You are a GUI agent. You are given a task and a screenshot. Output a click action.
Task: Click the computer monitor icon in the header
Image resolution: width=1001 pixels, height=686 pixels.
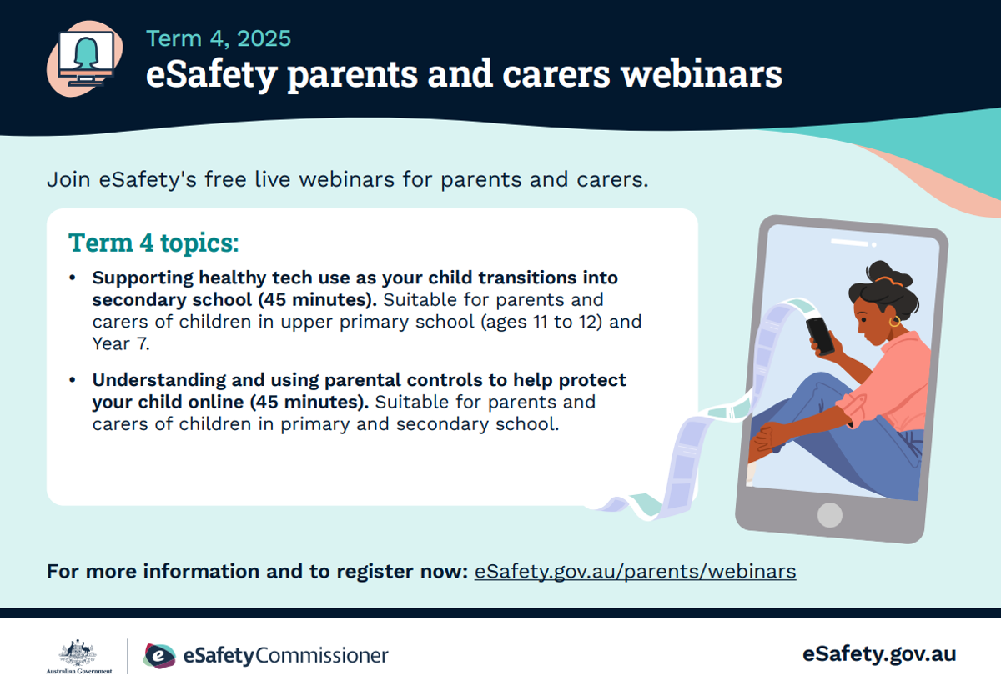click(x=86, y=58)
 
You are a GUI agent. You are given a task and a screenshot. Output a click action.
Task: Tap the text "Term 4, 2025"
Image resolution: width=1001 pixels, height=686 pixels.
click(x=219, y=38)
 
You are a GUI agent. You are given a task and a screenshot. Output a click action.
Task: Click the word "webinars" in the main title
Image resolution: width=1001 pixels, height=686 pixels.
click(x=702, y=74)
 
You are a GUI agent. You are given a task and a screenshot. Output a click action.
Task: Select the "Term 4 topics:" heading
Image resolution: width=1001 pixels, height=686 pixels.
click(x=153, y=243)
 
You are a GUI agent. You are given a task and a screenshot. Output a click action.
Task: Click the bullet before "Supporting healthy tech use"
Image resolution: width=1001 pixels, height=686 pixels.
click(x=73, y=278)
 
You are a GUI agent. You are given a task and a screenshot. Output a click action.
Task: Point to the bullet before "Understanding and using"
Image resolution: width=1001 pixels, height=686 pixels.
click(x=73, y=380)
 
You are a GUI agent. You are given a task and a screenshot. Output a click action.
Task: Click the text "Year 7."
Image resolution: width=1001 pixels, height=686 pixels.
click(x=121, y=344)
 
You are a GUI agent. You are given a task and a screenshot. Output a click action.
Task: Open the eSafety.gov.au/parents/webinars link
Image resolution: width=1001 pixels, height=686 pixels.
click(x=635, y=572)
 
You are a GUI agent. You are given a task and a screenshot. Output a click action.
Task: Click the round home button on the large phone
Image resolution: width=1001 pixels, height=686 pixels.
click(x=830, y=515)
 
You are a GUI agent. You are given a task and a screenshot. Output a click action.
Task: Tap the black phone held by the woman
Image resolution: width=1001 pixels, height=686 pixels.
click(x=820, y=335)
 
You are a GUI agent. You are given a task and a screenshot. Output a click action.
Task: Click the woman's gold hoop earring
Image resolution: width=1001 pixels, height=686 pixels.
click(x=894, y=322)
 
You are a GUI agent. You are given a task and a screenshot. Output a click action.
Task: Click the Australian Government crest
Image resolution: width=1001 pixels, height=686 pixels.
click(x=78, y=653)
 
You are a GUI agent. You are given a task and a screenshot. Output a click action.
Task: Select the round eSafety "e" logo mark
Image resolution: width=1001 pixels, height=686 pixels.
click(x=159, y=656)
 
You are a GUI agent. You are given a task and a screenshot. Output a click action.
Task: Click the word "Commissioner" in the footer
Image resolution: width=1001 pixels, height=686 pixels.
click(x=321, y=656)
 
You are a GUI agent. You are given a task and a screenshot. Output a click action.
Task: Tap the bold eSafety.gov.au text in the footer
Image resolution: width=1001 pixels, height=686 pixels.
click(x=879, y=654)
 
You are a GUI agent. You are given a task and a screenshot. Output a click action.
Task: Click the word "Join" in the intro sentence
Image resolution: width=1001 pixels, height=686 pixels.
click(x=68, y=179)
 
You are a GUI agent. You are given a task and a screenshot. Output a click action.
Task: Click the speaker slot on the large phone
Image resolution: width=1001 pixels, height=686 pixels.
click(x=849, y=243)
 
